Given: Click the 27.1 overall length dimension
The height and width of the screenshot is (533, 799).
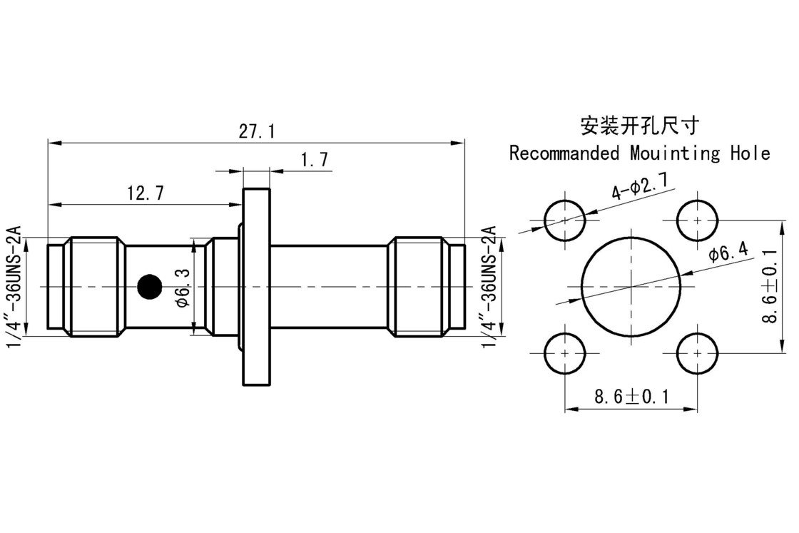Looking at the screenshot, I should [257, 132].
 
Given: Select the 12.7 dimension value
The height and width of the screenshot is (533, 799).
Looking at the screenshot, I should [146, 193].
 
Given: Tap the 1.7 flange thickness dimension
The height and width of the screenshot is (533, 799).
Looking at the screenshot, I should [314, 160].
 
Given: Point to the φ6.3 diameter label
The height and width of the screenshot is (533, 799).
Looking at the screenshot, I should [182, 288].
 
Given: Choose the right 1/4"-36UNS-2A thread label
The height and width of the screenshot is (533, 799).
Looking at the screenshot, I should [489, 286].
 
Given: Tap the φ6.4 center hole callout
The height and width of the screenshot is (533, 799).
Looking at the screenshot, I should [728, 251].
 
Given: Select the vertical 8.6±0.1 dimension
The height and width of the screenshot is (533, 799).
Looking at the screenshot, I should [770, 286].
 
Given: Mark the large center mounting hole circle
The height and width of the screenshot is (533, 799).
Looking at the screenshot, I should [631, 286].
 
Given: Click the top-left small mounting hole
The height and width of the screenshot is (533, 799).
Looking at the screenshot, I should [565, 220].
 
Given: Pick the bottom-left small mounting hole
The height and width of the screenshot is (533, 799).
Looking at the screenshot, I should [565, 353].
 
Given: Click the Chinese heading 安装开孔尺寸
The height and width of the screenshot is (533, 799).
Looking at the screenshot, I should [639, 126].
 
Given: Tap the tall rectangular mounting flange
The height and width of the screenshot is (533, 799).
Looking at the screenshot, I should [257, 286].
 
